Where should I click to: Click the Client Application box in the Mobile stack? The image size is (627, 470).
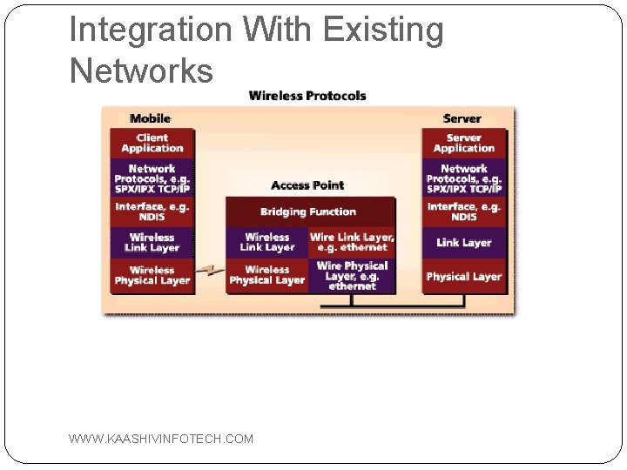pos(152,143)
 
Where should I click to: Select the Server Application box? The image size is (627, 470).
pos(463,143)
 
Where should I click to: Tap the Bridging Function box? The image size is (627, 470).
pos(308,211)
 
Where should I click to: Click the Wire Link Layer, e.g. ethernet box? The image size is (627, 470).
pos(352,242)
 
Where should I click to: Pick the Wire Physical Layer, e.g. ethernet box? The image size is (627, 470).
pos(352,275)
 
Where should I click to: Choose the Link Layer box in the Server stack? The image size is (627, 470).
pos(463,243)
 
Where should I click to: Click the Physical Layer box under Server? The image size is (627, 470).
pos(463,276)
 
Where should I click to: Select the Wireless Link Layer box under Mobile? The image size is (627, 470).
pos(152,243)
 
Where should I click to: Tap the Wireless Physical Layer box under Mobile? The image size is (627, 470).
pos(152,275)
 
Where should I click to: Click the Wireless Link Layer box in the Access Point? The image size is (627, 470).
pos(266,242)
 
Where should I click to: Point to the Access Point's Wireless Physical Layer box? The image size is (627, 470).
pos(266,275)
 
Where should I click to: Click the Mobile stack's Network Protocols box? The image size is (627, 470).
pos(152,178)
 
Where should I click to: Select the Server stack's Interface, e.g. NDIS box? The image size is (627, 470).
pos(463,211)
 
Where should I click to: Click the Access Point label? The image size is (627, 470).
pos(307,185)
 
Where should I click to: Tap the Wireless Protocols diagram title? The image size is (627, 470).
pos(307,96)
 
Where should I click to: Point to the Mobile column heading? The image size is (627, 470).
pos(150,118)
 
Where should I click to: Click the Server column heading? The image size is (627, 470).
pos(462,118)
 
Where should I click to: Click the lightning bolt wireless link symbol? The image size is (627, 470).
pos(209,273)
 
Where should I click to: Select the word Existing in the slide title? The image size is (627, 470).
pos(383,30)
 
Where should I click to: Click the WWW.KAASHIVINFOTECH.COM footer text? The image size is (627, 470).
pos(161,439)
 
